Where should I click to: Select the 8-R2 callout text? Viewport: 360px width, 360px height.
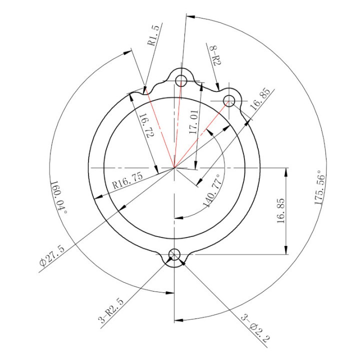(215, 55)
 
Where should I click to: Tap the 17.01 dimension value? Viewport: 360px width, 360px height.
(193, 122)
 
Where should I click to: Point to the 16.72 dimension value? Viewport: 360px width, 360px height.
(147, 125)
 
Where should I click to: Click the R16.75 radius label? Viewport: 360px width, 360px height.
(127, 180)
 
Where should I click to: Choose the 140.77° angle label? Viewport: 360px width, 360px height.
(211, 190)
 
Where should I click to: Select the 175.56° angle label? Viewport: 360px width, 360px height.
(319, 187)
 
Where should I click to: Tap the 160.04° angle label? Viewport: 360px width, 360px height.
(58, 197)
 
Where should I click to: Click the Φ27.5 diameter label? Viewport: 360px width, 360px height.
(52, 256)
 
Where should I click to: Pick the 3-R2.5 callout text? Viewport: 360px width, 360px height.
(110, 310)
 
